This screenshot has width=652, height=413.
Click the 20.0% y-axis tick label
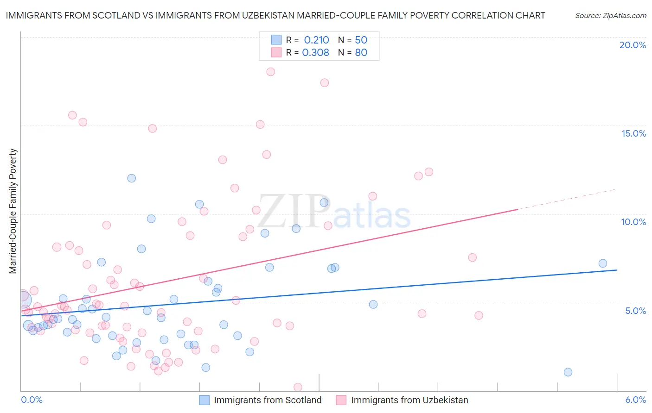pos(633,45)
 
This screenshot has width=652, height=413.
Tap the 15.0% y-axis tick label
pos(633,133)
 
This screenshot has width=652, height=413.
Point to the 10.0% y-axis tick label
pos(633,222)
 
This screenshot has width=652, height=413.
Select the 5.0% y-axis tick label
pos(635,311)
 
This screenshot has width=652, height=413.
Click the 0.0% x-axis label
pos(32,400)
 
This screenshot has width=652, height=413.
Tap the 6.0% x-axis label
pos(635,400)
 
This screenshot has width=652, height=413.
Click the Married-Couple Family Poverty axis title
pos(13,211)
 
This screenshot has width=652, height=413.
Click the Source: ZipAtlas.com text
pos(610,16)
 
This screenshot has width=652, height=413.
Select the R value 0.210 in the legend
pos(316,40)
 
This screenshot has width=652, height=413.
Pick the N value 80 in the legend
pos(361,53)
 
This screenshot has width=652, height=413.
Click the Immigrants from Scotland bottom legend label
pos(268,400)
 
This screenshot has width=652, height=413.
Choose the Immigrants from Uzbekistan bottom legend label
pos(409,400)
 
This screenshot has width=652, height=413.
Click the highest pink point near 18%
pos(271,72)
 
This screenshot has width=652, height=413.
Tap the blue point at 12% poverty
pos(132,178)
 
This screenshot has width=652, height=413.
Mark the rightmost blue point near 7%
pos(603,263)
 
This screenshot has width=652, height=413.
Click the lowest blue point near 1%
pos(568,372)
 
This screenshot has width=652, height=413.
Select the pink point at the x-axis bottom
pos(298,387)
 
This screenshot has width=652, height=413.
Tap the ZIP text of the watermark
pos(294,212)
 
